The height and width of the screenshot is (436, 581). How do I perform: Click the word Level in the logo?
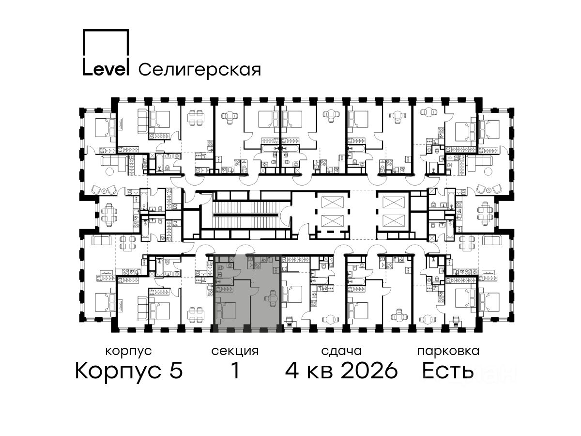pyautogui.click(x=106, y=70)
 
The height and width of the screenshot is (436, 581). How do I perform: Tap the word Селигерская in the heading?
pyautogui.click(x=199, y=70)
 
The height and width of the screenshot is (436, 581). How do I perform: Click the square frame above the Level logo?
pyautogui.click(x=106, y=43)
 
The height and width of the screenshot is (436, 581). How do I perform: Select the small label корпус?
pyautogui.click(x=128, y=352)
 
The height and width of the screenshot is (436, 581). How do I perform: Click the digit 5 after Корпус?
pyautogui.click(x=176, y=370)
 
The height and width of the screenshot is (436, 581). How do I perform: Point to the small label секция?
pyautogui.click(x=235, y=352)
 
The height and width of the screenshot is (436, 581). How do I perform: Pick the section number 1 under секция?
pyautogui.click(x=235, y=370)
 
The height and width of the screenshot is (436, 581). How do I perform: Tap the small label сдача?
pyautogui.click(x=341, y=352)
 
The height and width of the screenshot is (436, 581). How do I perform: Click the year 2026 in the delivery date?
pyautogui.click(x=369, y=370)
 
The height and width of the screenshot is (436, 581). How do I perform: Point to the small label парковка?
pyautogui.click(x=448, y=352)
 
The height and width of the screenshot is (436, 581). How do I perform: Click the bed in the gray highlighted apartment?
pyautogui.click(x=226, y=311)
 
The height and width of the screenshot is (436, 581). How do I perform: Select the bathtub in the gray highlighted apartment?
pyautogui.click(x=224, y=281)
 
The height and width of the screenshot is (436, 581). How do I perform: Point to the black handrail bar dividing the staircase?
pyautogui.click(x=246, y=215)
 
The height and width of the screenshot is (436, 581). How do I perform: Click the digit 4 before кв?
pyautogui.click(x=292, y=370)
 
